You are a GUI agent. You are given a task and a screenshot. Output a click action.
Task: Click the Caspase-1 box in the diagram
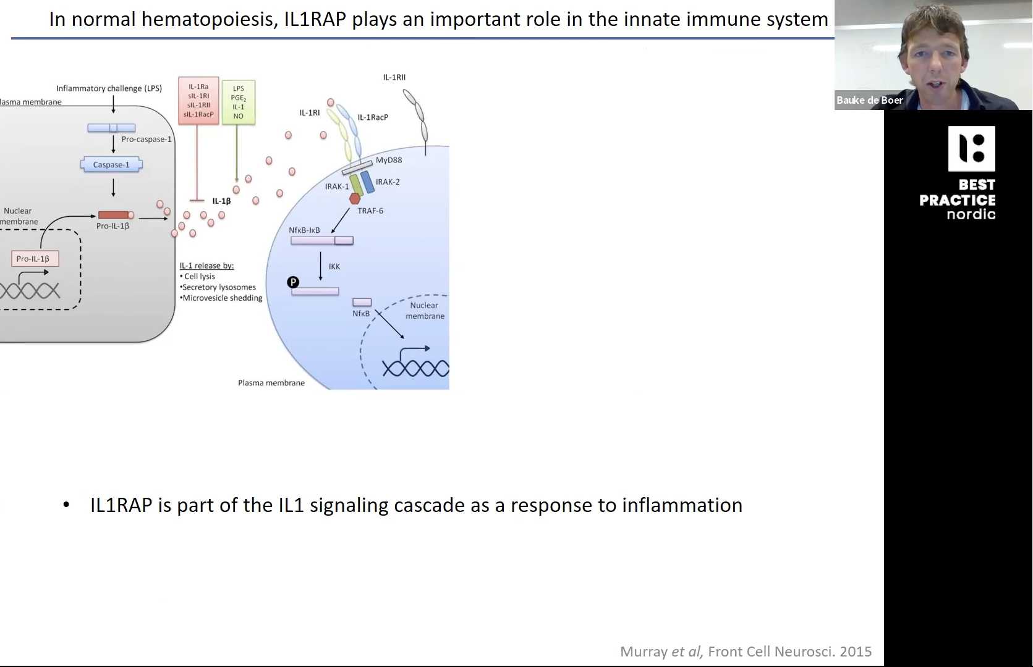[111, 165]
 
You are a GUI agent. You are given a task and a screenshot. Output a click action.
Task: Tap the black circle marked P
[293, 282]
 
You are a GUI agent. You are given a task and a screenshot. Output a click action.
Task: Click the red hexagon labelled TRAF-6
[355, 199]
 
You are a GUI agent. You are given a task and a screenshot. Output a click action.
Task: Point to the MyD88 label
[389, 160]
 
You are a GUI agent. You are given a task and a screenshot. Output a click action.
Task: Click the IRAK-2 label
[388, 182]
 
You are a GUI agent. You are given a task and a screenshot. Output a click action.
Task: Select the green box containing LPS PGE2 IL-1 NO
[238, 103]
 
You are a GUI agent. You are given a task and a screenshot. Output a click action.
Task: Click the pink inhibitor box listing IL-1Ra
[198, 101]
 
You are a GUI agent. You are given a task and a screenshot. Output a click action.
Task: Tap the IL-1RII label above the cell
[394, 77]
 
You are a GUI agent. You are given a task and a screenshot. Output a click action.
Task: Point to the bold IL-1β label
[221, 201]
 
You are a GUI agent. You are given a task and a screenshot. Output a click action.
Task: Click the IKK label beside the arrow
[334, 266]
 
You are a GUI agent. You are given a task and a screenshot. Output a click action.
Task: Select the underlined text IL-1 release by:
[206, 266]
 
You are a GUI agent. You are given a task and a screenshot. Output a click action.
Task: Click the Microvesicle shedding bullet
[221, 298]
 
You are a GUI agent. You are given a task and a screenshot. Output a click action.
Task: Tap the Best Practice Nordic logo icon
[971, 149]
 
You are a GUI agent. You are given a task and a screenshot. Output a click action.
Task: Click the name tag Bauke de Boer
[869, 100]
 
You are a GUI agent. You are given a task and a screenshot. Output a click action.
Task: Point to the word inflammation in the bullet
[682, 505]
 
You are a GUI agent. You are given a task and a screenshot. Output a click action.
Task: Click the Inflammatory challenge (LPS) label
[109, 88]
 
